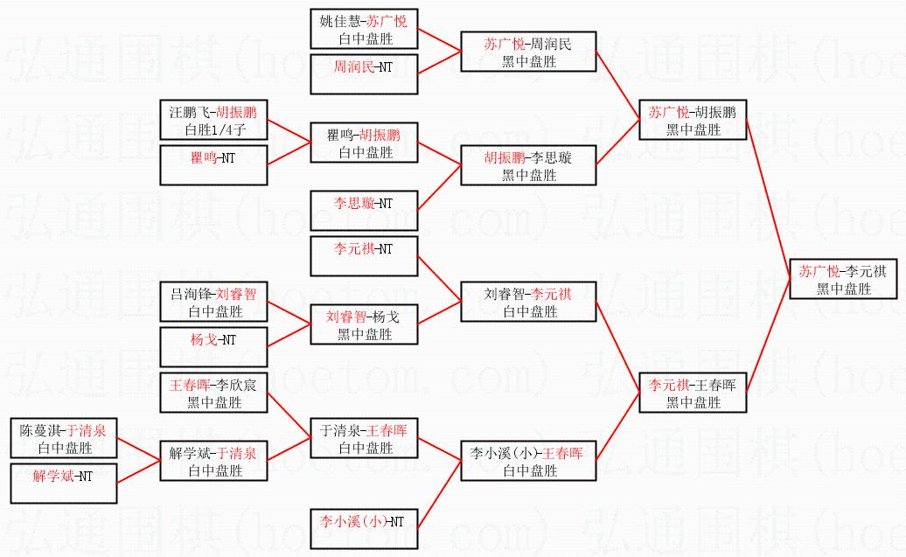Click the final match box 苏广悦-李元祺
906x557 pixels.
pyautogui.click(x=844, y=280)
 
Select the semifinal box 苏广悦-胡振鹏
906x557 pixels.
pyautogui.click(x=692, y=121)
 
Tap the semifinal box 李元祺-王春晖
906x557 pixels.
pyautogui.click(x=692, y=393)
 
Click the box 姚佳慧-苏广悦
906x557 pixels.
pyautogui.click(x=365, y=30)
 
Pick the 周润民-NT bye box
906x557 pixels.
pyautogui.click(x=365, y=74)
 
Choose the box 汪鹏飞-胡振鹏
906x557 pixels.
pyautogui.click(x=214, y=121)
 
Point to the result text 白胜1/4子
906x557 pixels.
pyautogui.click(x=214, y=130)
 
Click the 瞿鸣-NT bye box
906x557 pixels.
pyautogui.click(x=214, y=165)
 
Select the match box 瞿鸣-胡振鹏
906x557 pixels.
pyautogui.click(x=365, y=143)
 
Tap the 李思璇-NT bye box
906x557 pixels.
pyautogui.click(x=365, y=211)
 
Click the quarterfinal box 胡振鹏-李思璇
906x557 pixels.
pyautogui.click(x=528, y=166)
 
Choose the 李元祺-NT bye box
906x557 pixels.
pyautogui.click(x=365, y=256)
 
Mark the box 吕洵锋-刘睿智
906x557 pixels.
pyautogui.click(x=214, y=303)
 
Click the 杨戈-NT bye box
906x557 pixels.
pyautogui.click(x=214, y=347)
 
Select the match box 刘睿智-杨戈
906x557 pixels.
pyautogui.click(x=365, y=324)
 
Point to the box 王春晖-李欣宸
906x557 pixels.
pyautogui.click(x=214, y=393)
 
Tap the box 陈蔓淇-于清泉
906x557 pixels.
pyautogui.click(x=64, y=439)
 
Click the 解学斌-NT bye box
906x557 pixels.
pyautogui.click(x=64, y=484)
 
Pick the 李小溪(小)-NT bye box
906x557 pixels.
pyautogui.click(x=365, y=529)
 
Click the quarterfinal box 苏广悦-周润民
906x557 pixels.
pyautogui.click(x=528, y=52)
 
